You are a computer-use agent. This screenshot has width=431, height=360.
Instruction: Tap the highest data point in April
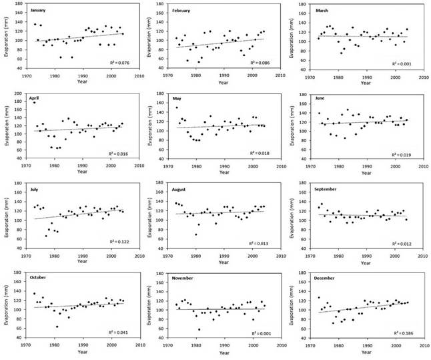coord(34,102)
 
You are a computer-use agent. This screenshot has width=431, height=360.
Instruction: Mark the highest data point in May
coord(177,108)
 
